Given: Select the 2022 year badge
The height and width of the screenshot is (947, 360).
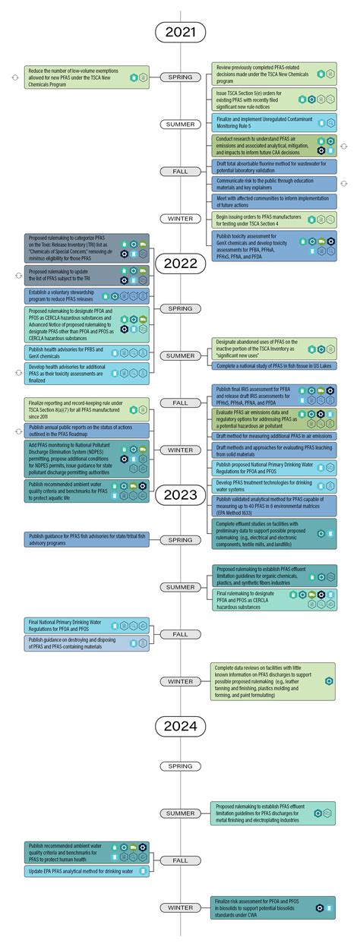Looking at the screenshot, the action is click(180, 264).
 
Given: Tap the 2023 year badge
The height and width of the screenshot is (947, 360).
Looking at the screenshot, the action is click(180, 495).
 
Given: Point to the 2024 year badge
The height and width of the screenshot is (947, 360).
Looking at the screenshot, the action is click(180, 727).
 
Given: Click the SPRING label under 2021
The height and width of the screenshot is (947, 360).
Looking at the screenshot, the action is click(180, 77).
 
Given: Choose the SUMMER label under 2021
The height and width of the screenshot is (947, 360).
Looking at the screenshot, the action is click(180, 125).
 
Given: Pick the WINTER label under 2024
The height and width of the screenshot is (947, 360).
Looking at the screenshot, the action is click(180, 908).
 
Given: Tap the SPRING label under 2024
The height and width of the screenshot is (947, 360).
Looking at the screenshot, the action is click(180, 766).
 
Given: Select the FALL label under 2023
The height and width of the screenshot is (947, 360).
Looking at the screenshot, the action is click(180, 633).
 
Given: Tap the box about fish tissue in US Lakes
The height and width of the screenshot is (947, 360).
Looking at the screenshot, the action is click(273, 365).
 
